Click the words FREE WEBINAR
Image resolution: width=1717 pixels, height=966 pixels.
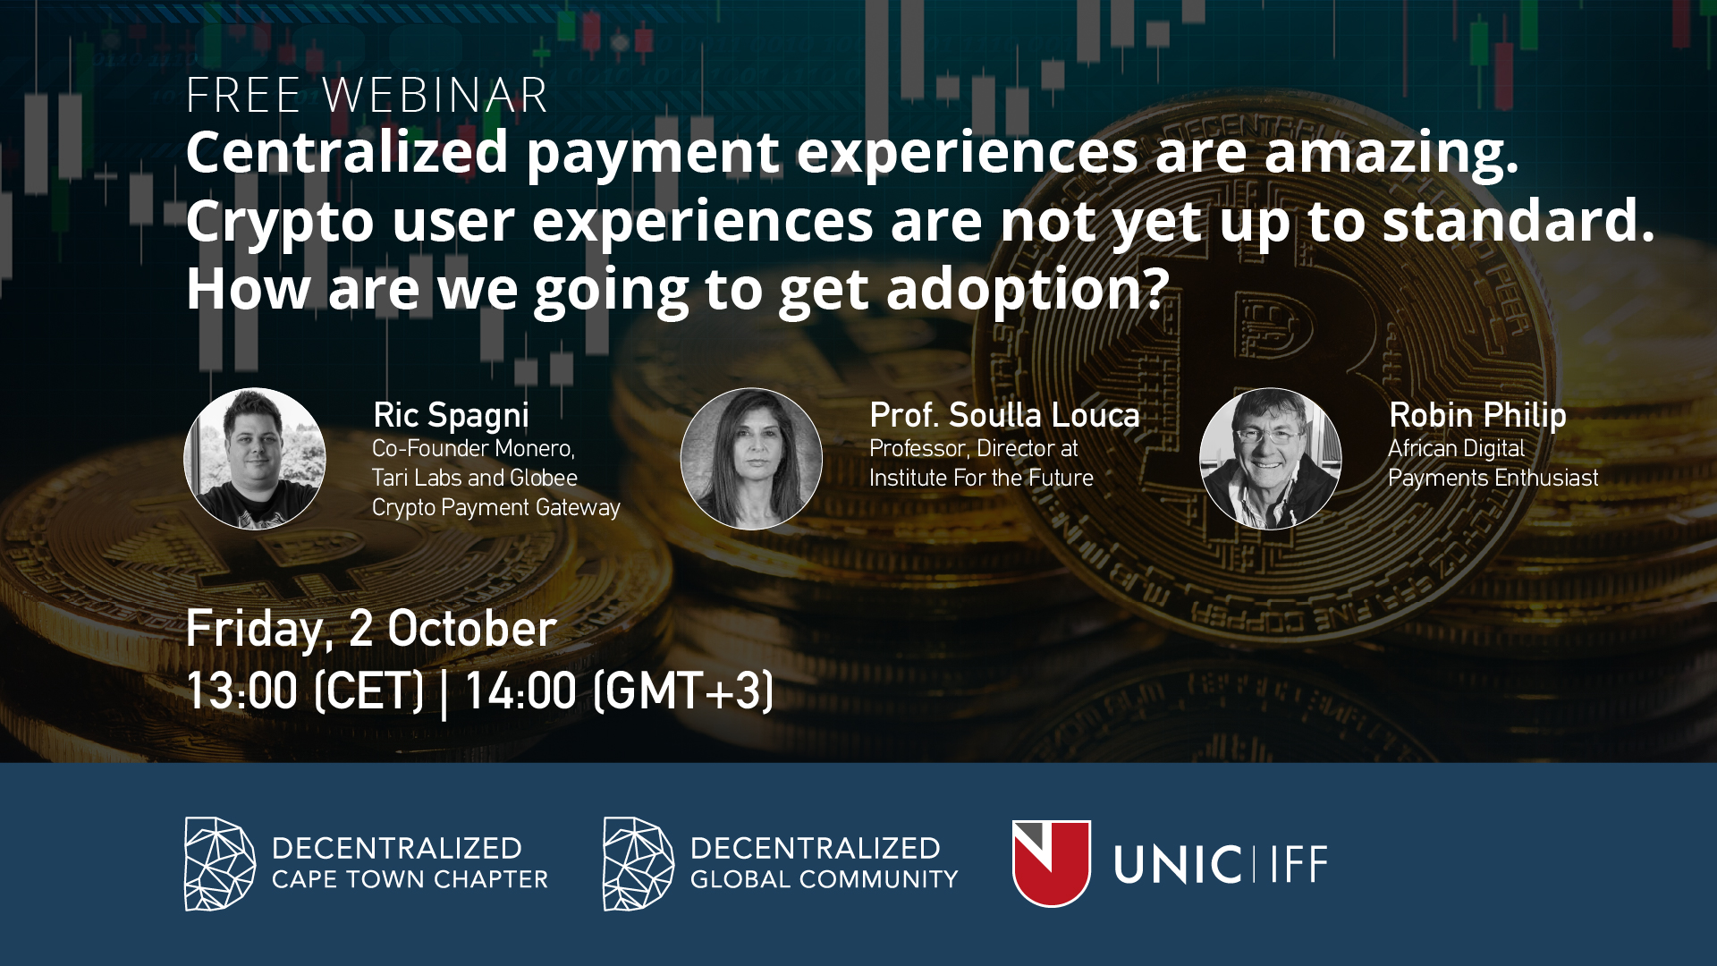(367, 95)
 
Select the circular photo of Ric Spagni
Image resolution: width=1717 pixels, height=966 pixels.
(255, 459)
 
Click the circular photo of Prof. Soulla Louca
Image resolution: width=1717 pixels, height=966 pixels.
(751, 459)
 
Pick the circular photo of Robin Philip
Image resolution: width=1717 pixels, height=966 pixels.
(1270, 459)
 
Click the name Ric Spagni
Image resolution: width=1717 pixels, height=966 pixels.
(452, 416)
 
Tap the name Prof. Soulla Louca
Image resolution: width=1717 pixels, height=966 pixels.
(1004, 415)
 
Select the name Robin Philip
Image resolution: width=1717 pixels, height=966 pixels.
(1477, 416)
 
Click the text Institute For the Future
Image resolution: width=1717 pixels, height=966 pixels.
(981, 478)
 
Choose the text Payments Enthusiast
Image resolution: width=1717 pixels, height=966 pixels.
(1493, 479)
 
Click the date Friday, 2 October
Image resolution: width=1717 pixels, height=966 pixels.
(371, 629)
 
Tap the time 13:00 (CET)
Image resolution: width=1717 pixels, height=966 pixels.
(305, 691)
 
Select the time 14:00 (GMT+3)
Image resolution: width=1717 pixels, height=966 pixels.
(619, 691)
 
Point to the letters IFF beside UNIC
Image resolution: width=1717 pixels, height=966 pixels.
(1299, 864)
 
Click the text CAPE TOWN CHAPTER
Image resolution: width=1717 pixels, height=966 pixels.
(410, 880)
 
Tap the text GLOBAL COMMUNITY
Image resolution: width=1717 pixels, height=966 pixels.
(824, 880)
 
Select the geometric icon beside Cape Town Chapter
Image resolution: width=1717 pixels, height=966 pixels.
(220, 864)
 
